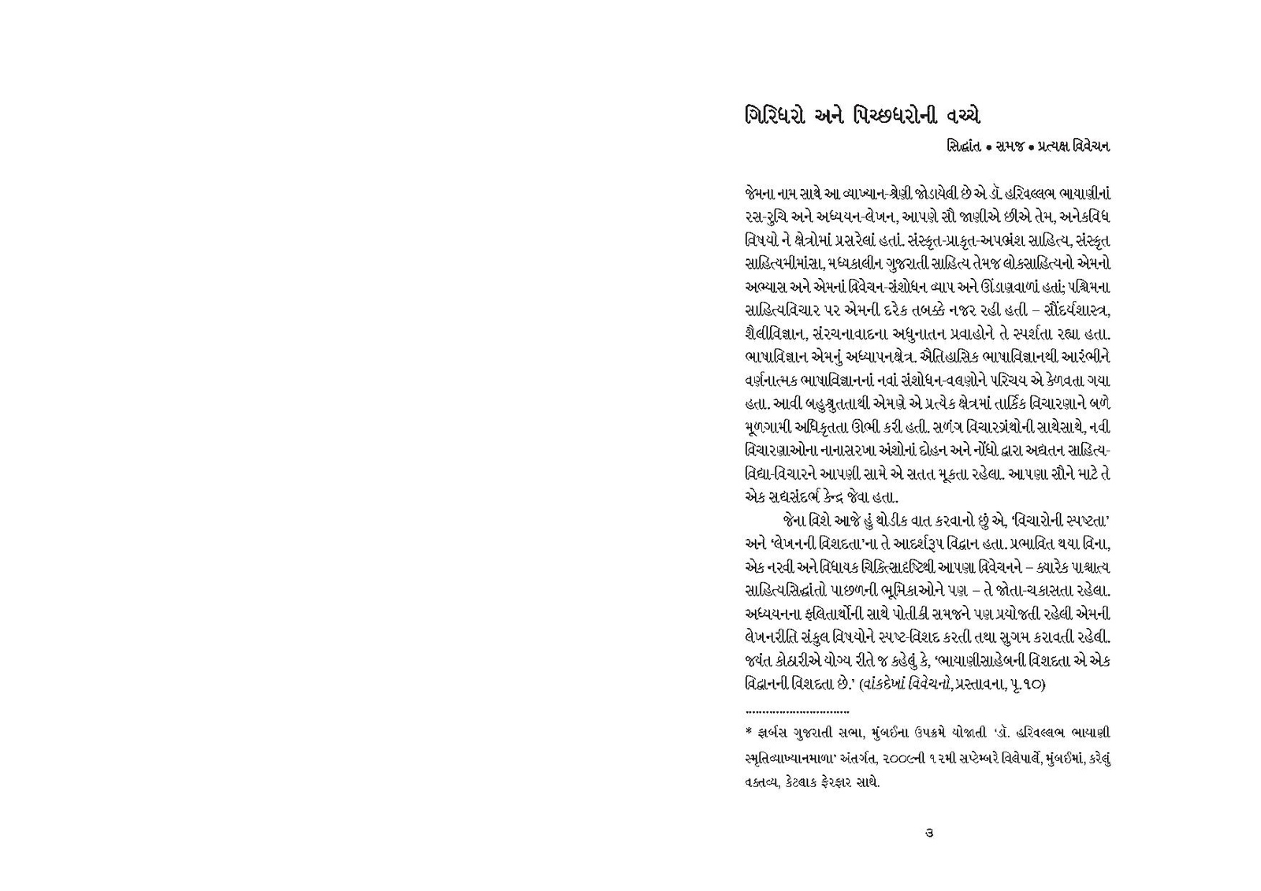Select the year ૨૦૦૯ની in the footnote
[x=902, y=758]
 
